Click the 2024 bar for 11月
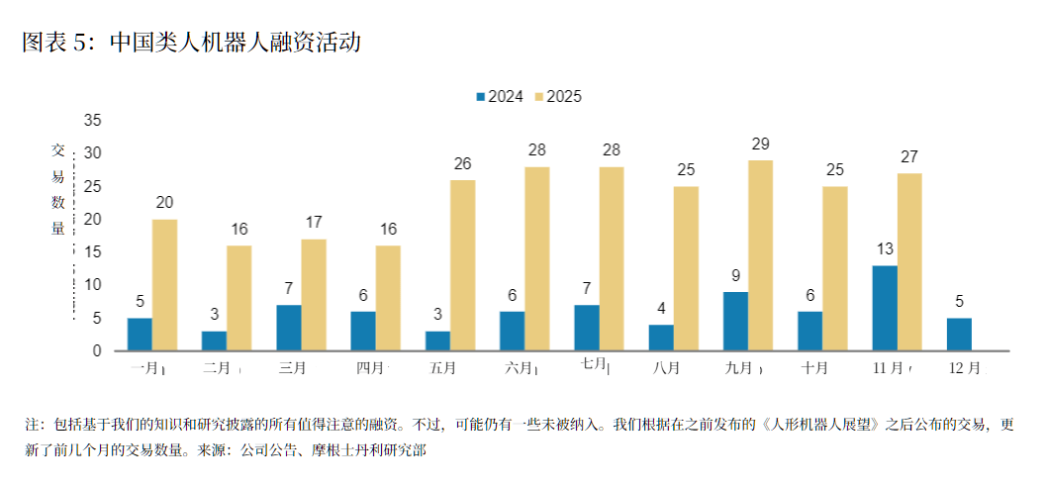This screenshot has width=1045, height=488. pyautogui.click(x=885, y=308)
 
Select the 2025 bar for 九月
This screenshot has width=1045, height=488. pyautogui.click(x=760, y=255)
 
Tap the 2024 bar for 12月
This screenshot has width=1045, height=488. pyautogui.click(x=959, y=334)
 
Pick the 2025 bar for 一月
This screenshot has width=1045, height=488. pyautogui.click(x=164, y=285)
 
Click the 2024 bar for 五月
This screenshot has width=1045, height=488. pyautogui.click(x=437, y=341)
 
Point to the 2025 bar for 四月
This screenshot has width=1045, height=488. pyautogui.click(x=388, y=298)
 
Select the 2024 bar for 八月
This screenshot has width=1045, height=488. pyautogui.click(x=661, y=338)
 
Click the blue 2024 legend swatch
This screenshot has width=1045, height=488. pyautogui.click(x=481, y=97)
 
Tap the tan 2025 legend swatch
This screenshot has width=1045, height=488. pyautogui.click(x=539, y=97)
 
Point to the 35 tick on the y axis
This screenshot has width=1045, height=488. pyautogui.click(x=92, y=120)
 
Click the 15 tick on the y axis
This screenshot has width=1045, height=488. pyautogui.click(x=92, y=251)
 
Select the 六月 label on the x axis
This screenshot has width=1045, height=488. pyautogui.click(x=518, y=368)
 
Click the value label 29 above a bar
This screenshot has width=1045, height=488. pyautogui.click(x=760, y=145)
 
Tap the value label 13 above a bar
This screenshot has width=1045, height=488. pyautogui.click(x=885, y=249)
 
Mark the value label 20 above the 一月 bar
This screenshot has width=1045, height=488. pyautogui.click(x=164, y=203)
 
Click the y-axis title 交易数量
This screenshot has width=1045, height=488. pyautogui.click(x=58, y=189)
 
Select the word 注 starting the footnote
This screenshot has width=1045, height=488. pyautogui.click(x=31, y=425)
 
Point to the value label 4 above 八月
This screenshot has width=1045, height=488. pyautogui.click(x=661, y=309)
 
